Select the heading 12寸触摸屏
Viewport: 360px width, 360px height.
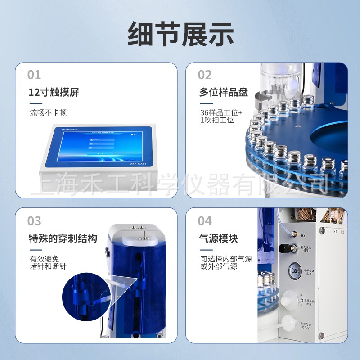click(x=54, y=93)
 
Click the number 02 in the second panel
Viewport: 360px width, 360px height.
click(x=205, y=75)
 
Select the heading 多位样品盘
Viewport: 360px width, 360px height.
click(x=224, y=93)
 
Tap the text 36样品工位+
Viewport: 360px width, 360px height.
click(x=221, y=113)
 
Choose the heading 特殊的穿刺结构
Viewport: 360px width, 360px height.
click(x=63, y=239)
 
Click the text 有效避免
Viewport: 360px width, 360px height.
click(x=45, y=259)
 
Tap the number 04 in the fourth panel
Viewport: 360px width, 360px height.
click(x=205, y=221)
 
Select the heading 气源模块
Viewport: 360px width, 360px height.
click(x=219, y=239)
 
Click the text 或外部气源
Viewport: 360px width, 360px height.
click(x=219, y=266)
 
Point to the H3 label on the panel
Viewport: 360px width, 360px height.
click(x=303, y=235)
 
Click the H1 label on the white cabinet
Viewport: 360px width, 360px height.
click(x=335, y=232)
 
